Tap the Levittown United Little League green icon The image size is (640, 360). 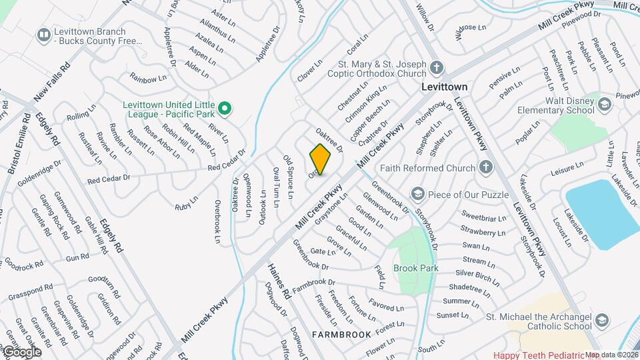point(225,107)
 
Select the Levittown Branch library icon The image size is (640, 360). point(44,33)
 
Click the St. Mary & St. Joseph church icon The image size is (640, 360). point(436,67)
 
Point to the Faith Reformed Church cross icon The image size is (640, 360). point(486,167)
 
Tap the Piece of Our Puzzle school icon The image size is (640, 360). point(418,194)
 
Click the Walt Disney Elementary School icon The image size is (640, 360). point(603,104)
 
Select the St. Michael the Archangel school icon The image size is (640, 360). point(602,320)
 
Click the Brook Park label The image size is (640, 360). point(415,268)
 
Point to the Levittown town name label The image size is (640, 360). point(445,87)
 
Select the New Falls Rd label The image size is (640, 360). point(51,81)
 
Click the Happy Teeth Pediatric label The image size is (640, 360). point(537,355)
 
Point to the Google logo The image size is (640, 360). point(21,351)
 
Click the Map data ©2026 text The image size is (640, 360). point(611,355)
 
